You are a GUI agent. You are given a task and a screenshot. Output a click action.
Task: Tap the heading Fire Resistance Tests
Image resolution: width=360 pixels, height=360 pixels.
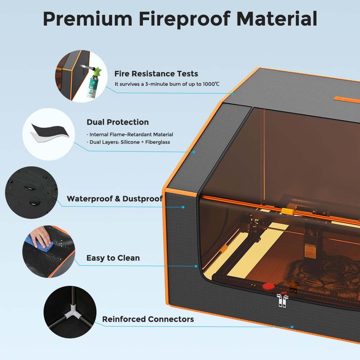tap(156, 74)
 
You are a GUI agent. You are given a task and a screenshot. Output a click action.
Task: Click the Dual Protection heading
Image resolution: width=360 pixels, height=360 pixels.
tap(118, 122)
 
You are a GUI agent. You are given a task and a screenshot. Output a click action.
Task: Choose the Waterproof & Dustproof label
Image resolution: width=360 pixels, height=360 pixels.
tap(114, 199)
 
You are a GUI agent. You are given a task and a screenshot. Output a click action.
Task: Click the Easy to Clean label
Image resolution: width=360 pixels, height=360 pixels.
tap(113, 258)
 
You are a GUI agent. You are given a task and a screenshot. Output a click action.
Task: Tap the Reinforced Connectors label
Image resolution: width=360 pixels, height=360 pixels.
tap(148, 319)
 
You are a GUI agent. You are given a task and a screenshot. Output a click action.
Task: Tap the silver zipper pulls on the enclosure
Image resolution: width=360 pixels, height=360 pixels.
tap(282, 300)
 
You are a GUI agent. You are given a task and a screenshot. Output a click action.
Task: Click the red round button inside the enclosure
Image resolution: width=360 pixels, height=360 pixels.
tap(268, 287)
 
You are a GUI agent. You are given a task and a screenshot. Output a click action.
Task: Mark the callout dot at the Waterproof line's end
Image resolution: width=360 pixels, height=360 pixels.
tap(183, 207)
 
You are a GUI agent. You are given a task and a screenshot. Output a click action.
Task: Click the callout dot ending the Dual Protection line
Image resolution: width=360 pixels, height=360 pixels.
tap(194, 152)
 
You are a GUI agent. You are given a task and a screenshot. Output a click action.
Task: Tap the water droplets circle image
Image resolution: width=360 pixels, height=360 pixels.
tap(32, 193)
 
